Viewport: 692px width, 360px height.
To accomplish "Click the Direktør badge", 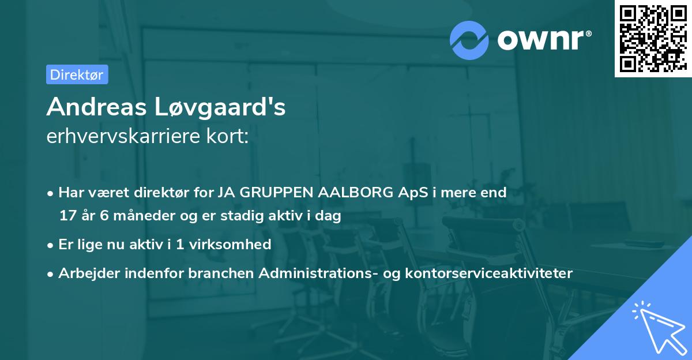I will click(x=77, y=74).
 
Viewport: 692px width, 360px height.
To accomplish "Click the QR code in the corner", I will click(x=652, y=39).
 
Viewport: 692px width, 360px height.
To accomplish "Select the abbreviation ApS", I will click(x=413, y=193).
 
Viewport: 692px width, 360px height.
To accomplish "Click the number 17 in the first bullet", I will click(x=67, y=216).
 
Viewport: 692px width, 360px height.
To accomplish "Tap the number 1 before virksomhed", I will click(x=180, y=245).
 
